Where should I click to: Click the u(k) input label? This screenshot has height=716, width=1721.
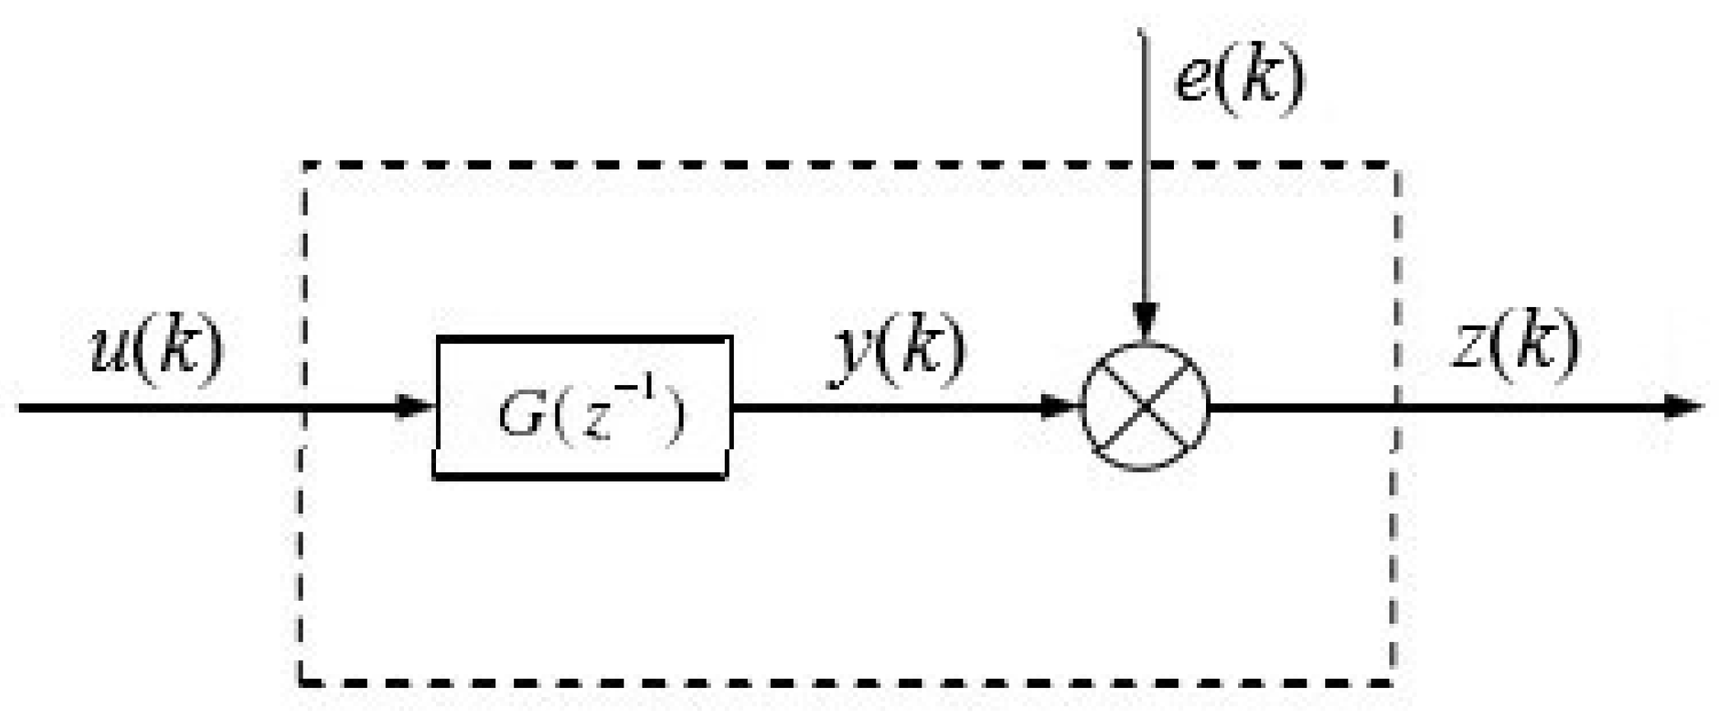coord(156,350)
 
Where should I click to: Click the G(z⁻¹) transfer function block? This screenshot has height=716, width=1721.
coord(582,407)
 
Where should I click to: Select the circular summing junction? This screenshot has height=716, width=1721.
coord(1144,407)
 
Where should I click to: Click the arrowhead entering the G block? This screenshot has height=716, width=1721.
coord(416,407)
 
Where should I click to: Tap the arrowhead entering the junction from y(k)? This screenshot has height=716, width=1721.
coord(1061,407)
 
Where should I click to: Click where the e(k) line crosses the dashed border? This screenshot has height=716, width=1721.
coord(1143,165)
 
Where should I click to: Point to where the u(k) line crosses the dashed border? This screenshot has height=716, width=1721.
coord(303,407)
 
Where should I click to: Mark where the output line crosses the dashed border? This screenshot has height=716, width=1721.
coord(1395,407)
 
